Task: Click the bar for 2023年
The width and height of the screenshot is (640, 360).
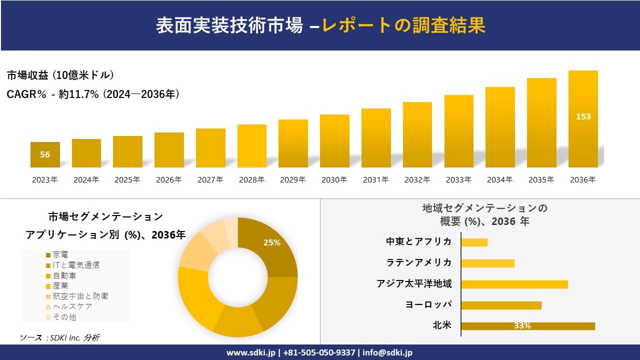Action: tap(45, 154)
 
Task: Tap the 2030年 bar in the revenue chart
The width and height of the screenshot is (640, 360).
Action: tap(334, 141)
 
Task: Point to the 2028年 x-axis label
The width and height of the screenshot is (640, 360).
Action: tap(251, 180)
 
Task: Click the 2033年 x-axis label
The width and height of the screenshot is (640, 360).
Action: tap(458, 180)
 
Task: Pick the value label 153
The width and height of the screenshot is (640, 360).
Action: tap(583, 116)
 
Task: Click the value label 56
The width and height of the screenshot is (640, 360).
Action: tap(45, 154)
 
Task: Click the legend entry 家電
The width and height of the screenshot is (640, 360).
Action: tap(60, 255)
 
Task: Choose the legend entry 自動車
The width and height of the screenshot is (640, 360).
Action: tap(64, 275)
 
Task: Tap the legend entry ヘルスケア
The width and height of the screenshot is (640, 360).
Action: tap(72, 306)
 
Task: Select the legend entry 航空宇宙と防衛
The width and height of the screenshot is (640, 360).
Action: tap(80, 296)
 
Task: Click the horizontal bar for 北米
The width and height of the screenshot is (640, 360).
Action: tap(528, 326)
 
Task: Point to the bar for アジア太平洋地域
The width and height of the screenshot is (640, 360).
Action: tap(514, 284)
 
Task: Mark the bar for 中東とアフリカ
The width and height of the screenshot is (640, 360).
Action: tap(474, 242)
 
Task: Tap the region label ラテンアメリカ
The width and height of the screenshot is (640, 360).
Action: tap(419, 262)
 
